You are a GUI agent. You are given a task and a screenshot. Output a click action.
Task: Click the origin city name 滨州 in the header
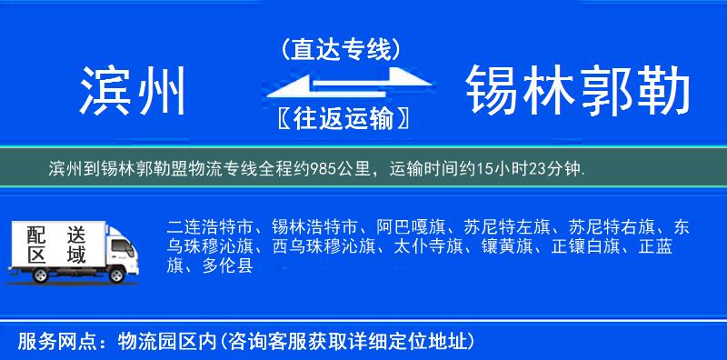click(134, 91)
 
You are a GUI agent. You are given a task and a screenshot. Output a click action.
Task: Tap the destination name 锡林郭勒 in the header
click(578, 91)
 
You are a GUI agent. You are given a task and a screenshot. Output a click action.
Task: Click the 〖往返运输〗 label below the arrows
click(341, 118)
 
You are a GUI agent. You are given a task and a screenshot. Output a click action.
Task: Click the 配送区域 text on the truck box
click(55, 245)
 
